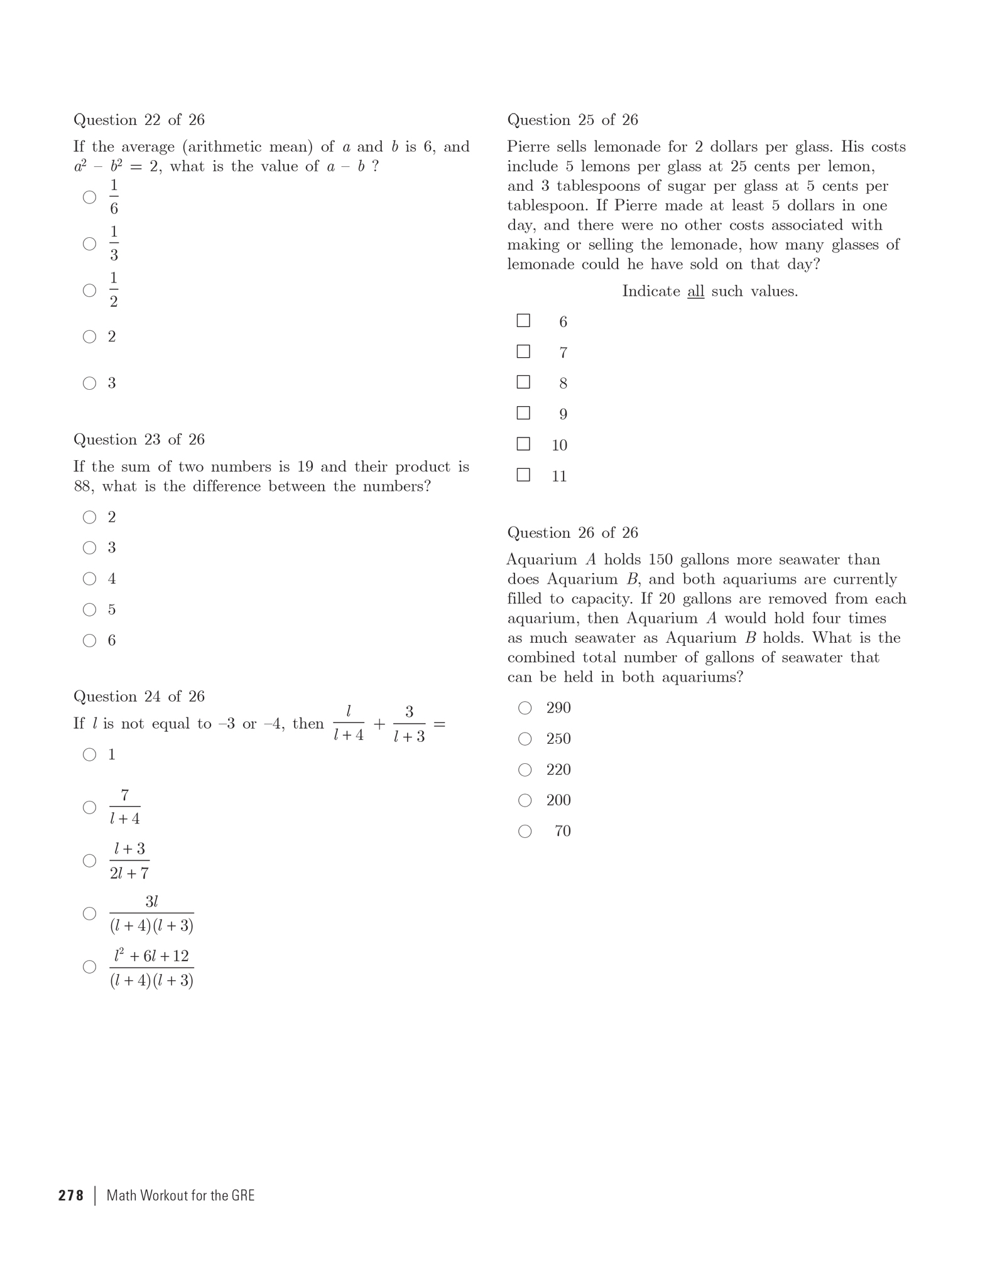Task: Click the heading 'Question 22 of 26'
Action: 139,120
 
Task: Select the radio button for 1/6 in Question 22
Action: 90,197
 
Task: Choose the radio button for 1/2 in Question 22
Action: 90,290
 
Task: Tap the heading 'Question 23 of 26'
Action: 139,439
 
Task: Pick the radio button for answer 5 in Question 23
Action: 90,609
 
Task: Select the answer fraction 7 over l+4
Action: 124,807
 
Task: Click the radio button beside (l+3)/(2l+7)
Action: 90,861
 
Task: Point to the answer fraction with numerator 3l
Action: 151,914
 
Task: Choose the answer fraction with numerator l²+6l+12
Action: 151,968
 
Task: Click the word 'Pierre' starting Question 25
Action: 528,147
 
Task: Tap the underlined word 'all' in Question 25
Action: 695,291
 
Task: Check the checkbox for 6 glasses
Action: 523,321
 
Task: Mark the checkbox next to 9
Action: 523,413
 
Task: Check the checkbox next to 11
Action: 523,475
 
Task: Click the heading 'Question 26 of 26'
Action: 572,533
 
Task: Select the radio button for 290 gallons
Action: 525,708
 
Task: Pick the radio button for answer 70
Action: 525,832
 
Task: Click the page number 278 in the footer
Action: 71,1195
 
